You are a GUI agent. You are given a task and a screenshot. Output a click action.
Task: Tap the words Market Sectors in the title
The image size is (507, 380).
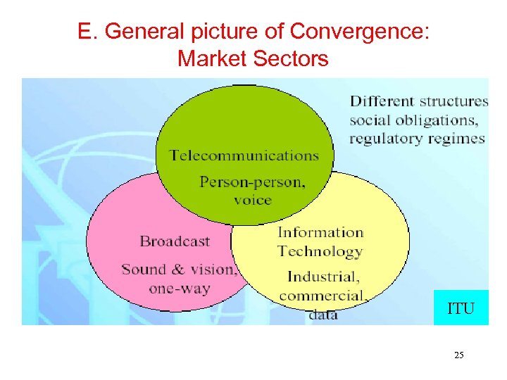[253, 58]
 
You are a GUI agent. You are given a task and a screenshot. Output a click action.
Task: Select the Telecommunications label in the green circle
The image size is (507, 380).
[244, 156]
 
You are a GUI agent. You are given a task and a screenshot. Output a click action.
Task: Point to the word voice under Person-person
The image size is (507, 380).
[252, 200]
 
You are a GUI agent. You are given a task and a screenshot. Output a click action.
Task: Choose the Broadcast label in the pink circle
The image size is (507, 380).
[175, 241]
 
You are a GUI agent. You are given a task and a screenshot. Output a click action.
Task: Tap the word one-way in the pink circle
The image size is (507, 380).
[180, 289]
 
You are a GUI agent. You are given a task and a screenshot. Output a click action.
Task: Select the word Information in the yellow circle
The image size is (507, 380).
[320, 232]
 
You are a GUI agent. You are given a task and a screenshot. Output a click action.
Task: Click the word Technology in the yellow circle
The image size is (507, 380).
[320, 251]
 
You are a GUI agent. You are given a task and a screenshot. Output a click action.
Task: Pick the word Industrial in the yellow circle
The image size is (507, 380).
[323, 276]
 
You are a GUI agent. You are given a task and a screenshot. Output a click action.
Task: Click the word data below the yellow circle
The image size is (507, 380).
[323, 315]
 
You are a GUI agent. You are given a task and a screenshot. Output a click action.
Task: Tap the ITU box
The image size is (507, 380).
[461, 308]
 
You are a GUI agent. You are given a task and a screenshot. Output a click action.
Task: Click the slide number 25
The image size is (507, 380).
[458, 355]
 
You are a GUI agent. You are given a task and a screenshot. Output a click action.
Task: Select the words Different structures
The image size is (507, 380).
[419, 101]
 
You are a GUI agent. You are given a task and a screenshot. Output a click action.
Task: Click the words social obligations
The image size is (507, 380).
[419, 120]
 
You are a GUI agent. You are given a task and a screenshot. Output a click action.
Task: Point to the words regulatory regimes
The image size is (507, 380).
[417, 138]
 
